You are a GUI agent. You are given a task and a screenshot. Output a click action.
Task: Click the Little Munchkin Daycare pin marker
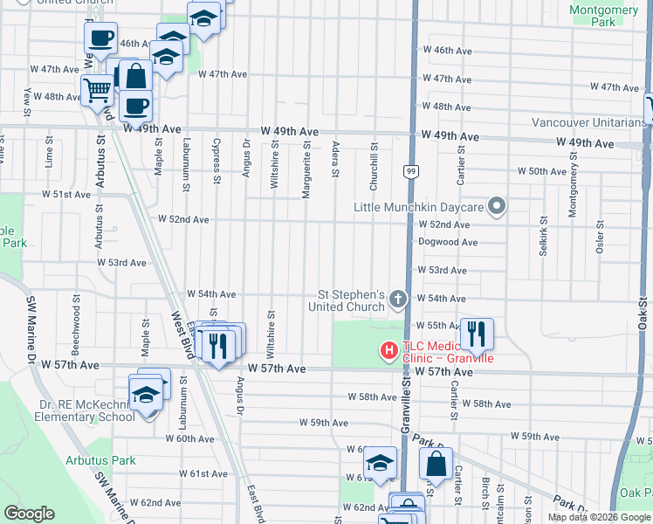pyautogui.click(x=498, y=207)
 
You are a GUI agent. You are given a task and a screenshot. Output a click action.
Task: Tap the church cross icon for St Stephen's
pyautogui.click(x=398, y=300)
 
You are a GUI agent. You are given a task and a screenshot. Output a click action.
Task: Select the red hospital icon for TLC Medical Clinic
pyautogui.click(x=388, y=351)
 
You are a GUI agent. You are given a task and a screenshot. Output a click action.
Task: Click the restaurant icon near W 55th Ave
pyautogui.click(x=477, y=334)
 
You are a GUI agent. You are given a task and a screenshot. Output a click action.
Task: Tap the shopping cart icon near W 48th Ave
pyautogui.click(x=97, y=89)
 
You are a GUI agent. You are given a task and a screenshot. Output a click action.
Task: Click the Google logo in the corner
pyautogui.click(x=30, y=514)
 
